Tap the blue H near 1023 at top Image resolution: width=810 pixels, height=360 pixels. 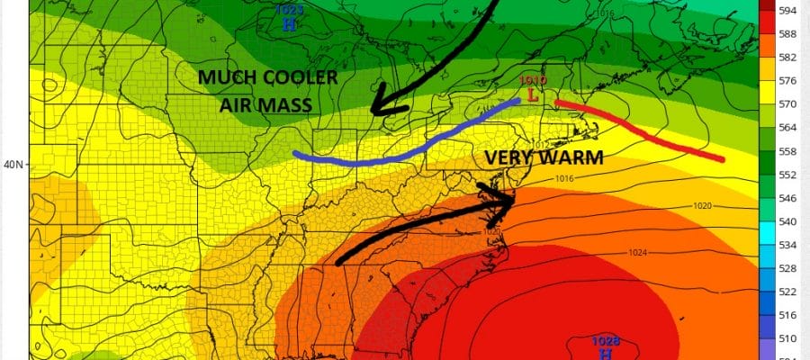point(289,24)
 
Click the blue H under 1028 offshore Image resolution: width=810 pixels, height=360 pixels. point(605,354)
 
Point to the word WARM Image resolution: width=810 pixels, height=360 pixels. point(570,157)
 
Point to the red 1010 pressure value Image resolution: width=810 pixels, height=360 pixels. point(533,80)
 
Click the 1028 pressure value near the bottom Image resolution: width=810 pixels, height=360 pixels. point(605,341)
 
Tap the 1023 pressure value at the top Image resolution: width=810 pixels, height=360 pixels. point(289,10)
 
